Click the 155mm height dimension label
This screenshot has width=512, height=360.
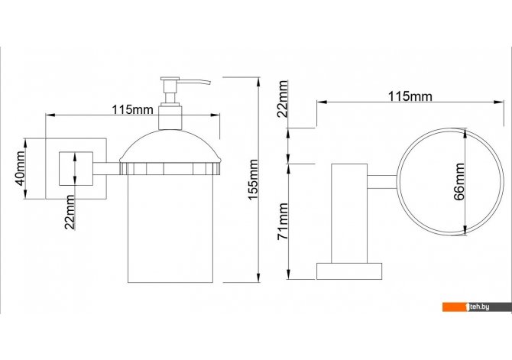coord(253,180)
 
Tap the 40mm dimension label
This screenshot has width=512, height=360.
coord(20,169)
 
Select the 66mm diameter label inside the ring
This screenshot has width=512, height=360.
coord(459,182)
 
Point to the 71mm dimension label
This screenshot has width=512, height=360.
coord(283,221)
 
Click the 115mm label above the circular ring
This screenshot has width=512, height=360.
coord(410,96)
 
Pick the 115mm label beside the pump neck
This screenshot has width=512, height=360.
coord(132,109)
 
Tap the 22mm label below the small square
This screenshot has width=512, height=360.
coord(70,212)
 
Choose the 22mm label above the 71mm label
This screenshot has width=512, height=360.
coord(282,99)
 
